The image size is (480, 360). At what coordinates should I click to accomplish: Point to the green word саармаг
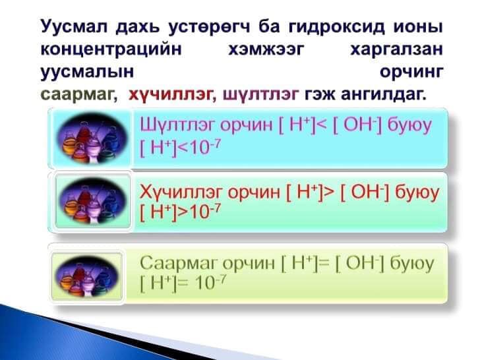click(x=78, y=95)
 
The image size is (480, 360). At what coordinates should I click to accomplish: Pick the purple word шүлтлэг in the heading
click(x=261, y=95)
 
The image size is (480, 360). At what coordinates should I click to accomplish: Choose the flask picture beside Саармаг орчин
click(x=88, y=272)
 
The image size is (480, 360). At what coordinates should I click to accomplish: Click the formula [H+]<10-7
click(x=179, y=146)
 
